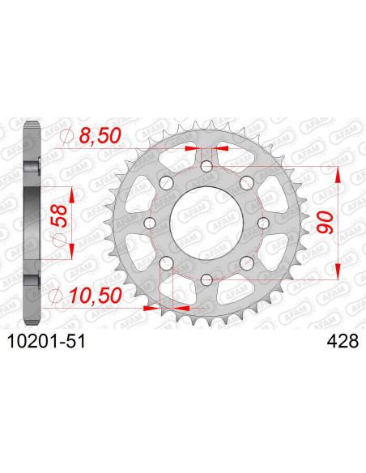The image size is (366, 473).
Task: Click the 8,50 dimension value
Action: pyautogui.click(x=96, y=139)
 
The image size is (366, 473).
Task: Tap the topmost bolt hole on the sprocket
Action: pyautogui.click(x=206, y=168)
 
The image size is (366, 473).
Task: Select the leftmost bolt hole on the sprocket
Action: pyautogui.click(x=150, y=224)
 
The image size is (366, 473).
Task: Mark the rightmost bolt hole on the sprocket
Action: pyautogui.click(x=262, y=224)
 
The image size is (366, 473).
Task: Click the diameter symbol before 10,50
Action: pyautogui.click(x=57, y=296)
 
